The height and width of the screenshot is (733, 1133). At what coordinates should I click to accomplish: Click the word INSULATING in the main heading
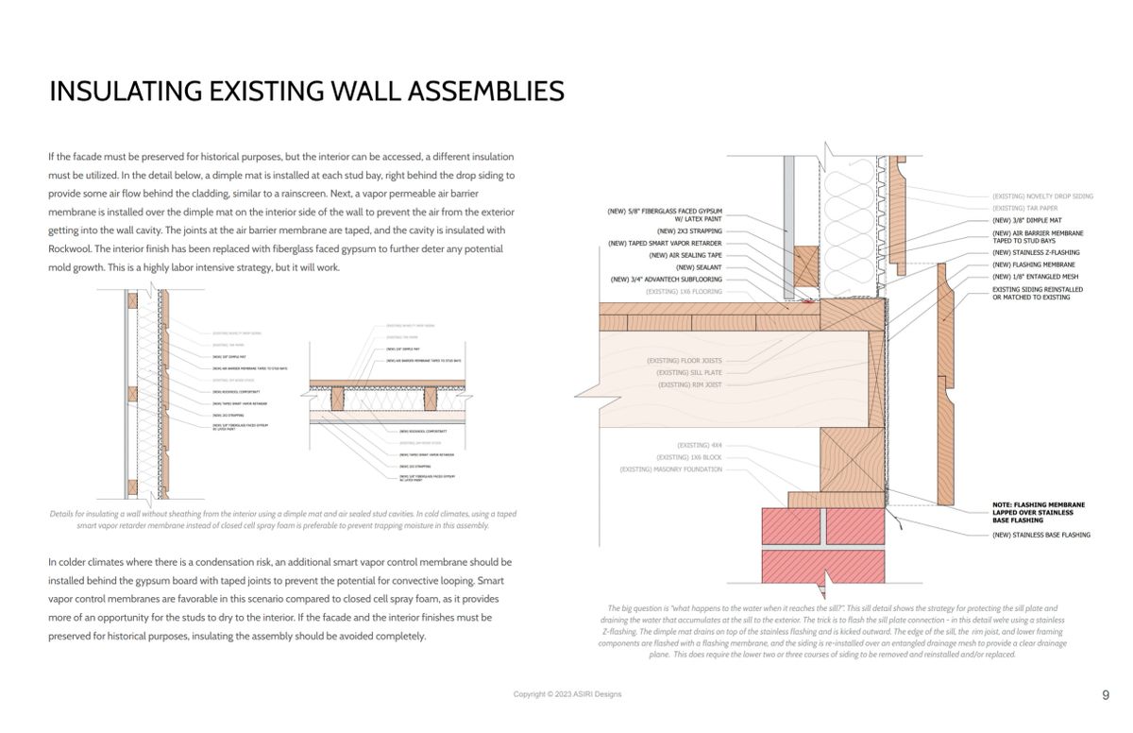click(x=126, y=92)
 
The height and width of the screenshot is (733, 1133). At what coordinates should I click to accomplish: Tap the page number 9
click(x=1106, y=695)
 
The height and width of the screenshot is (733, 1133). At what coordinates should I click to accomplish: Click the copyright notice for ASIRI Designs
click(x=566, y=694)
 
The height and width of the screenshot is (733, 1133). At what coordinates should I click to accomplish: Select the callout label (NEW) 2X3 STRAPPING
click(x=689, y=230)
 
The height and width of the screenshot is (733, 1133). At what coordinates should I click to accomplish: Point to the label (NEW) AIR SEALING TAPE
click(x=685, y=255)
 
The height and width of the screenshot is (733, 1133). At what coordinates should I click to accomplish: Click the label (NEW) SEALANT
click(x=699, y=267)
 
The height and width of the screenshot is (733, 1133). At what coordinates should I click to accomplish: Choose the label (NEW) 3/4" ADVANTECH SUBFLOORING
click(x=666, y=280)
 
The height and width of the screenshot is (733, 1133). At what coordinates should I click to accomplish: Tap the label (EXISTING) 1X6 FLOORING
click(x=684, y=292)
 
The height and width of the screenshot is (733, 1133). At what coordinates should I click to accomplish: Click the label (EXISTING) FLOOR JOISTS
click(x=684, y=361)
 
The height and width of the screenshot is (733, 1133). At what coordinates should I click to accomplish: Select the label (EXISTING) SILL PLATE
click(x=689, y=373)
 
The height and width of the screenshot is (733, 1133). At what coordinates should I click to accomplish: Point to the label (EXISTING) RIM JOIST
click(x=689, y=385)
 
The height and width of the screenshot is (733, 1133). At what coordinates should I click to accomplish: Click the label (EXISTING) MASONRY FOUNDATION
click(x=670, y=469)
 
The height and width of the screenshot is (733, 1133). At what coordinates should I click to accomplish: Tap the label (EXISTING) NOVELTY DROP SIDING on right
click(x=1042, y=196)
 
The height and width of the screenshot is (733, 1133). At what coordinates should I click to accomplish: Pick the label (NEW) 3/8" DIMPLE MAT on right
click(x=1026, y=220)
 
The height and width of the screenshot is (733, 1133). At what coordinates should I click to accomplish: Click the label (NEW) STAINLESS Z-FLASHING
click(x=1036, y=253)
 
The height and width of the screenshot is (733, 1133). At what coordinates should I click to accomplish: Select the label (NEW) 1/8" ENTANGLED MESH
click(x=1035, y=277)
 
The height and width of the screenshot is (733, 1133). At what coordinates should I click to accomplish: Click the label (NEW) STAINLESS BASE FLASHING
click(x=1040, y=535)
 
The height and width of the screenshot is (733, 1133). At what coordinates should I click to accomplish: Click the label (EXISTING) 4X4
click(x=699, y=445)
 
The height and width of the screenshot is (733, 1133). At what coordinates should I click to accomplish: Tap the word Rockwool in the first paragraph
click(x=70, y=249)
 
